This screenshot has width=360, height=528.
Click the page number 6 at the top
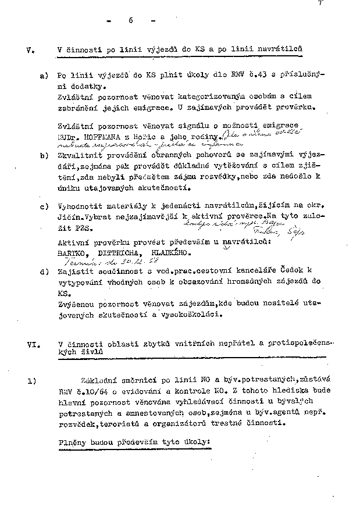[x=130, y=21]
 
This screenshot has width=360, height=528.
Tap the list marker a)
[x=43, y=76]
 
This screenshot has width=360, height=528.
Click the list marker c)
[x=43, y=206]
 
